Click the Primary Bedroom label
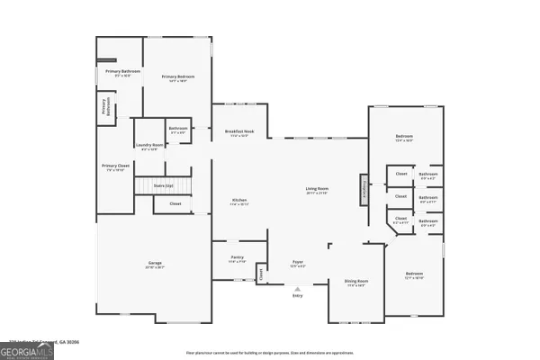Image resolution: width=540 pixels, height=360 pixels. point(178,78)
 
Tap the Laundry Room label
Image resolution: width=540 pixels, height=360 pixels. point(149,147)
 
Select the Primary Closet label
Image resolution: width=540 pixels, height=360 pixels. point(112,167)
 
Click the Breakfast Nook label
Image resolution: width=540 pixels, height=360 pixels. point(239,133)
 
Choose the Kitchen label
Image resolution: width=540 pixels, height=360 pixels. point(239,202)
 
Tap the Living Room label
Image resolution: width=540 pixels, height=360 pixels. point(317,191)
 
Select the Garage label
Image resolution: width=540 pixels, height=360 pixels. point(155,265)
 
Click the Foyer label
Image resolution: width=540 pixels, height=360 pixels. point(297,265)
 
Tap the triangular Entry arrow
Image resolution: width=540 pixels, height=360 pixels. point(297,286)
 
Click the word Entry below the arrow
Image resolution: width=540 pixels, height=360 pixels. point(297,295)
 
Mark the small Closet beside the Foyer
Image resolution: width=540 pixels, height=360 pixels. point(260,272)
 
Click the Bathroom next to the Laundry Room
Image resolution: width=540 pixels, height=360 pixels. point(177,130)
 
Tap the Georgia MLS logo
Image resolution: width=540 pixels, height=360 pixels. point(27,350)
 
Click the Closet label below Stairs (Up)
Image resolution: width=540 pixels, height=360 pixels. point(174,204)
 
